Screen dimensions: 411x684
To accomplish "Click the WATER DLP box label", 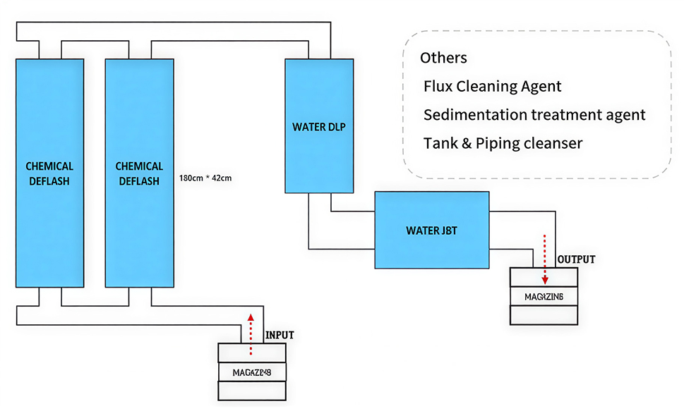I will point(318,128).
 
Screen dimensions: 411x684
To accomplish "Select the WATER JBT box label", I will point(431,231).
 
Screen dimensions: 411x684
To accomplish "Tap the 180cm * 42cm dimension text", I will point(206,178).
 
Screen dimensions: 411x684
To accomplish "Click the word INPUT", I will point(279,334).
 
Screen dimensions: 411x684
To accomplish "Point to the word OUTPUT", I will point(576,259).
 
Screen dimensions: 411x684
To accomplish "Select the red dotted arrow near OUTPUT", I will point(544,259).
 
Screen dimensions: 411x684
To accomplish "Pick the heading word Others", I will point(443,58).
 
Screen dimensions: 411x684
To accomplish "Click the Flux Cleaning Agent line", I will point(492,87).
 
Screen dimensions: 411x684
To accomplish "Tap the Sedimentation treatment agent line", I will point(534,115).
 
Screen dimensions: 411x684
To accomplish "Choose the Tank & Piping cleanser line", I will point(503,143).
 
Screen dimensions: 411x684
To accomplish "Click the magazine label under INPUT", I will point(252,372).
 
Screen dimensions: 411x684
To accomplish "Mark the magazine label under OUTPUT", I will point(544,296).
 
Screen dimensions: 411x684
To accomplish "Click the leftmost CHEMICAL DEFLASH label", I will point(49,173).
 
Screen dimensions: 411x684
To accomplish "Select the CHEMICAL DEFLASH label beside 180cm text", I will point(139,173).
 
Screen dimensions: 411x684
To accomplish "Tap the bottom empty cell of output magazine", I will point(544,315).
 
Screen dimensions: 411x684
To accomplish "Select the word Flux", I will point(438,87).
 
